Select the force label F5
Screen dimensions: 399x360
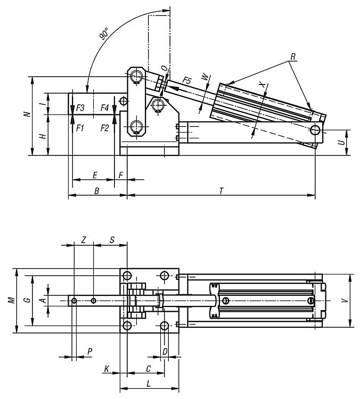click(186, 80)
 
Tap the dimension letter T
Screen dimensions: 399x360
click(220, 190)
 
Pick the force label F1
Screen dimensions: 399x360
click(80, 128)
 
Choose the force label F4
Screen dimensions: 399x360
click(105, 108)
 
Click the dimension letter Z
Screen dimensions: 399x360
click(84, 240)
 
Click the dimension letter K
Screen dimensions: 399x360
click(107, 368)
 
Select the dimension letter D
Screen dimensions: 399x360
click(165, 351)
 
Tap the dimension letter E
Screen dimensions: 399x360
click(95, 174)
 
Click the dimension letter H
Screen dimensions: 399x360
click(43, 136)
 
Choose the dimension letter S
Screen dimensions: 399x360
click(112, 240)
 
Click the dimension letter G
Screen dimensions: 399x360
click(27, 301)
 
